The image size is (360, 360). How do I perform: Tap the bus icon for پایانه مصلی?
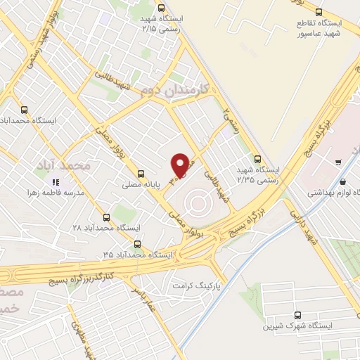[142, 173]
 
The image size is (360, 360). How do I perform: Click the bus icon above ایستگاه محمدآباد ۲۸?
[107, 217]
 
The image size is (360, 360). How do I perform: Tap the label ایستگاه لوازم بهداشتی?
[334, 191]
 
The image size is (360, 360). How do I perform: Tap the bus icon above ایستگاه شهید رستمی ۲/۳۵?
[257, 159]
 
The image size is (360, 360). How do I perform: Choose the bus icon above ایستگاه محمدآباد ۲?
[25, 109]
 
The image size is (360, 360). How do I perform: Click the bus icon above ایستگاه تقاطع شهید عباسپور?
[319, 11]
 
